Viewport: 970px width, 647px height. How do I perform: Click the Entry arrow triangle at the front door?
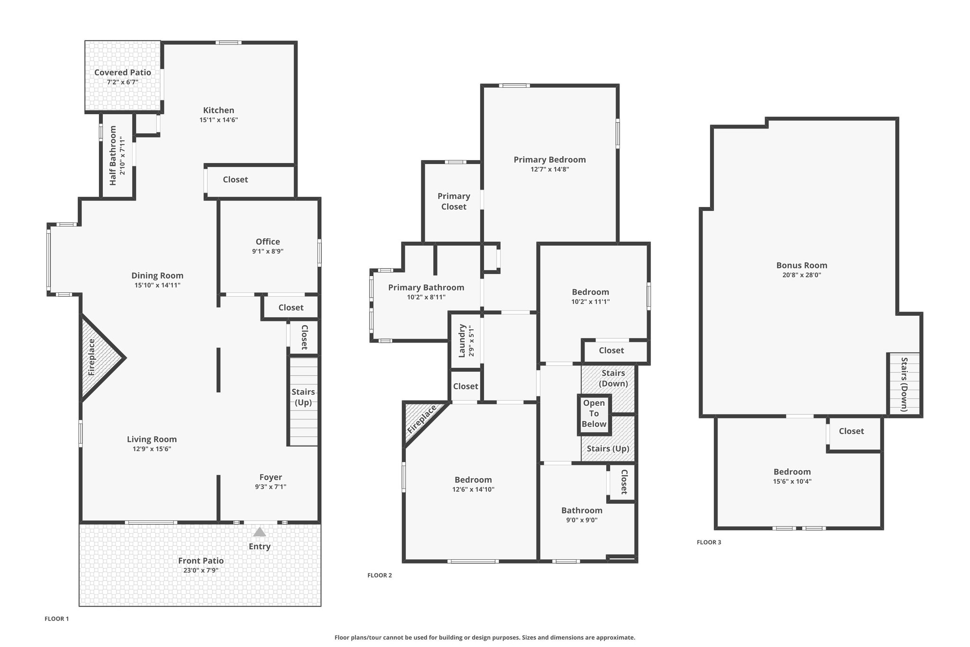tap(260, 532)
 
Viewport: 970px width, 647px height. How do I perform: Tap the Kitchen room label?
tap(219, 110)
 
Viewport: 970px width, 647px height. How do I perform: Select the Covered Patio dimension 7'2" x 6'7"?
tap(123, 82)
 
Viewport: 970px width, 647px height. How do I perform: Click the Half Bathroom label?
tap(113, 155)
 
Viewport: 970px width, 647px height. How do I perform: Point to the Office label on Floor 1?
tap(268, 241)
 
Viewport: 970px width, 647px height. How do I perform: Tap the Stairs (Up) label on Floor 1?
tap(303, 397)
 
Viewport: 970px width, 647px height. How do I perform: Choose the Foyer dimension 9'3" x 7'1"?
tap(270, 487)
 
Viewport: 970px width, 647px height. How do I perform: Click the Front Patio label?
tap(201, 560)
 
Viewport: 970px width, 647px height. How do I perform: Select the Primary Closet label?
tap(454, 201)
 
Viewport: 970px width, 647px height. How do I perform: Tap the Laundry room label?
tap(462, 341)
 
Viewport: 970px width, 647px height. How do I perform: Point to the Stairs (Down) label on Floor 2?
tap(613, 378)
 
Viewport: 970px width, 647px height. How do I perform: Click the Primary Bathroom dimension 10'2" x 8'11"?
tap(426, 297)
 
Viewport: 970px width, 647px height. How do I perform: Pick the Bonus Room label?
tap(802, 265)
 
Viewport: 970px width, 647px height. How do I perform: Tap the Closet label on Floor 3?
tap(852, 431)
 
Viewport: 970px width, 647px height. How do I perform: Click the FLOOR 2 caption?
tap(380, 575)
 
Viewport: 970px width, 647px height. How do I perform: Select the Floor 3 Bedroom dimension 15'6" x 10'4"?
tap(792, 481)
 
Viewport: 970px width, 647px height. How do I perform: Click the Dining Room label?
tap(157, 275)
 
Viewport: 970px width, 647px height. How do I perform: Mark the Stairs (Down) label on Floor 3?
tap(904, 384)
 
